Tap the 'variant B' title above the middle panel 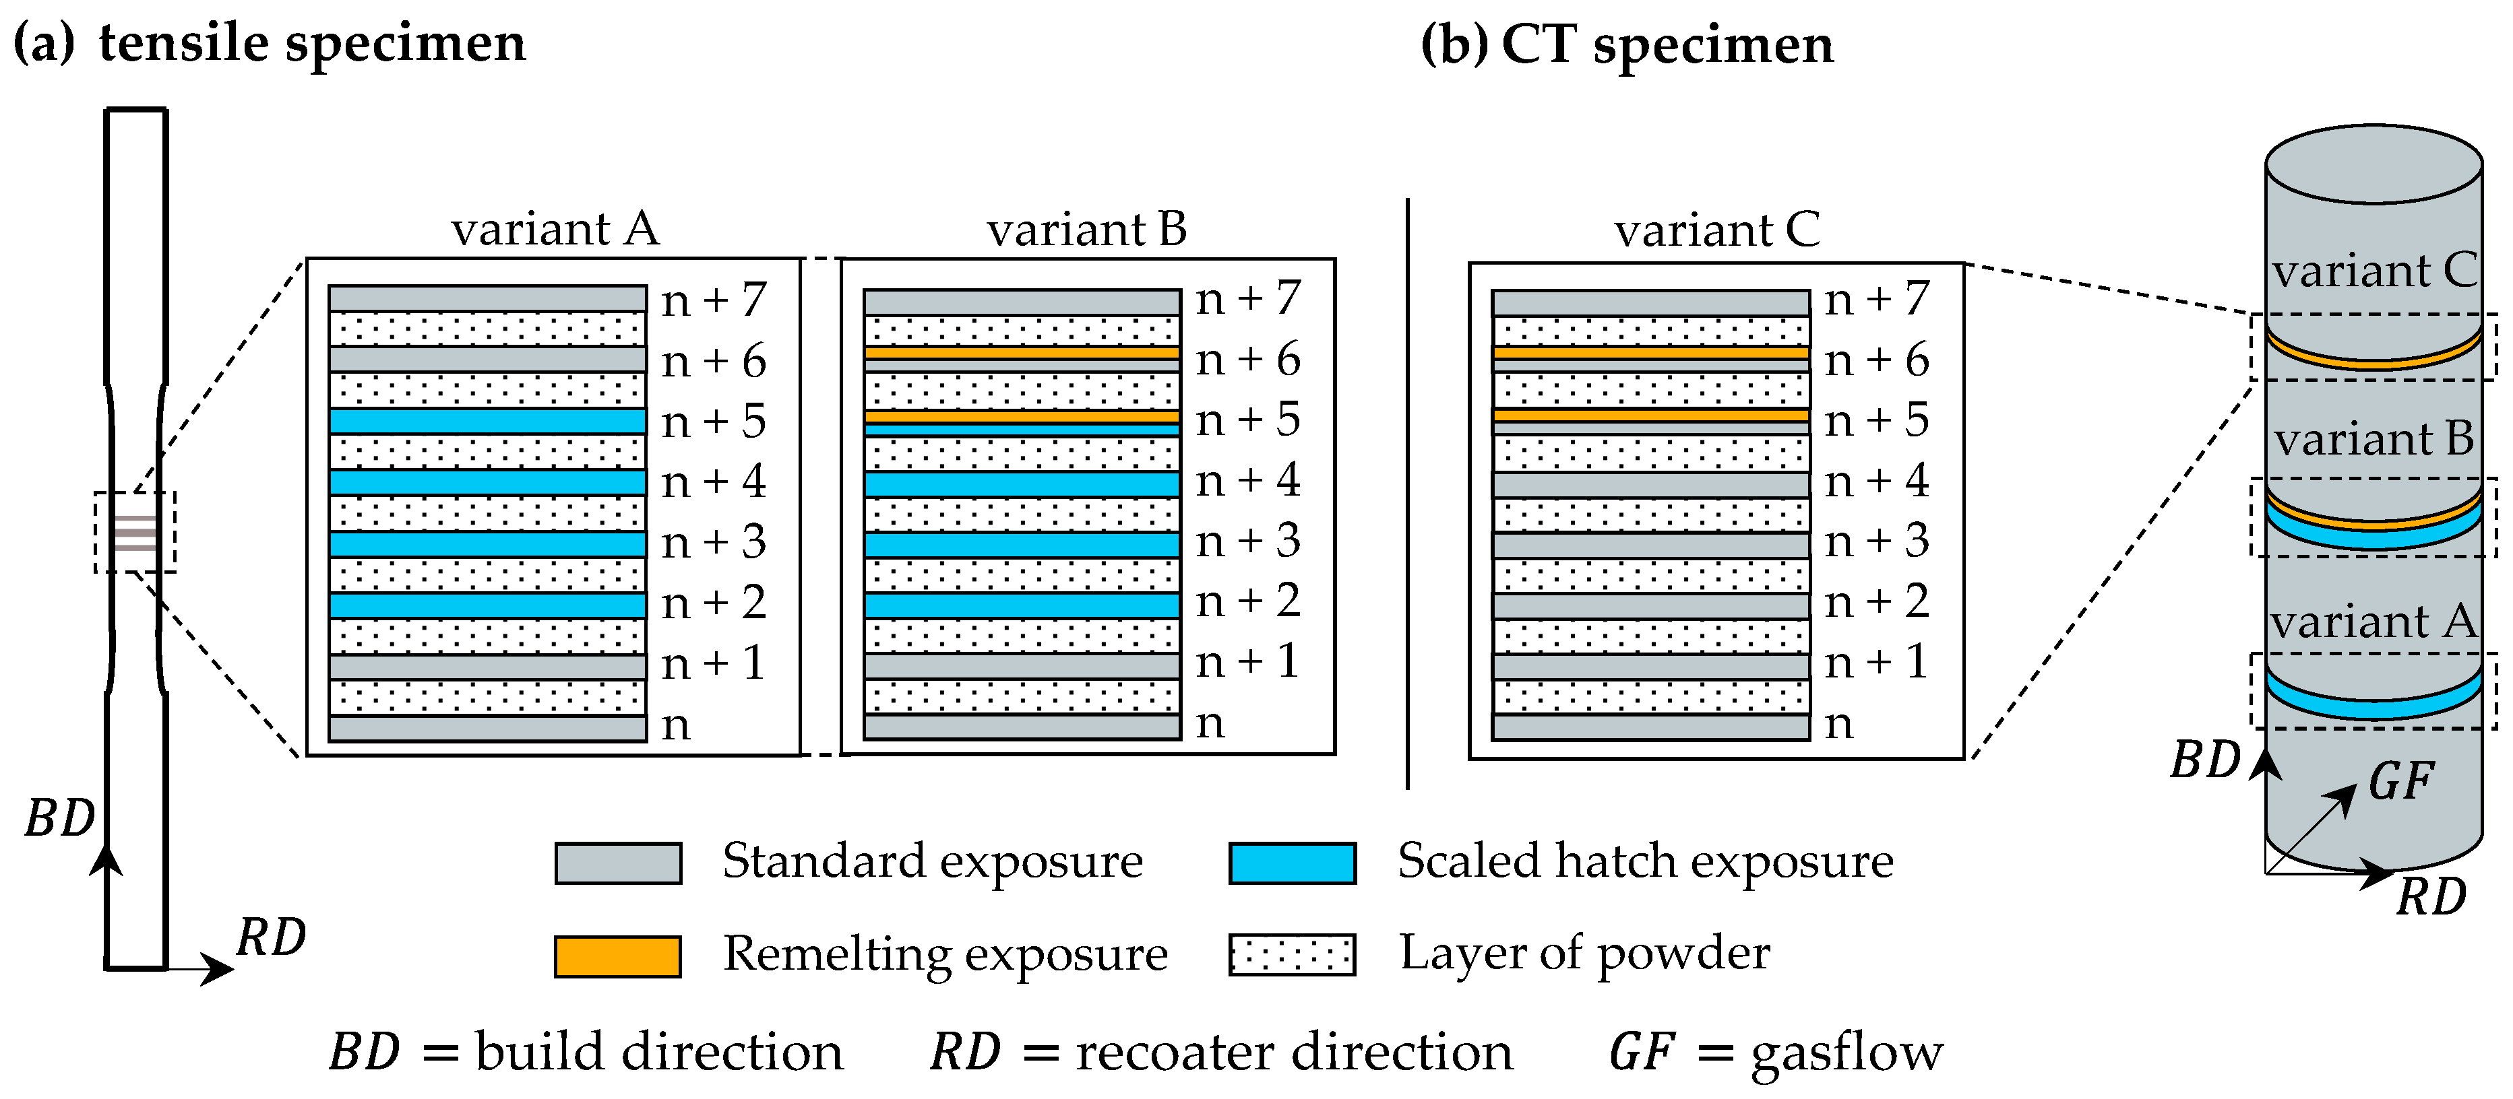coord(1087,230)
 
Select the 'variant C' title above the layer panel coord(1717,231)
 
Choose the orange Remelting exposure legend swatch coord(617,956)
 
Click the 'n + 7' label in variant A coord(714,300)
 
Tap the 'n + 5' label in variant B coord(1249,420)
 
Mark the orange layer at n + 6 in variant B coord(1022,353)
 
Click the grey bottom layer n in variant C coord(1650,727)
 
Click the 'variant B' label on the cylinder coord(2374,439)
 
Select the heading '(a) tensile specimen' coord(270,44)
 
